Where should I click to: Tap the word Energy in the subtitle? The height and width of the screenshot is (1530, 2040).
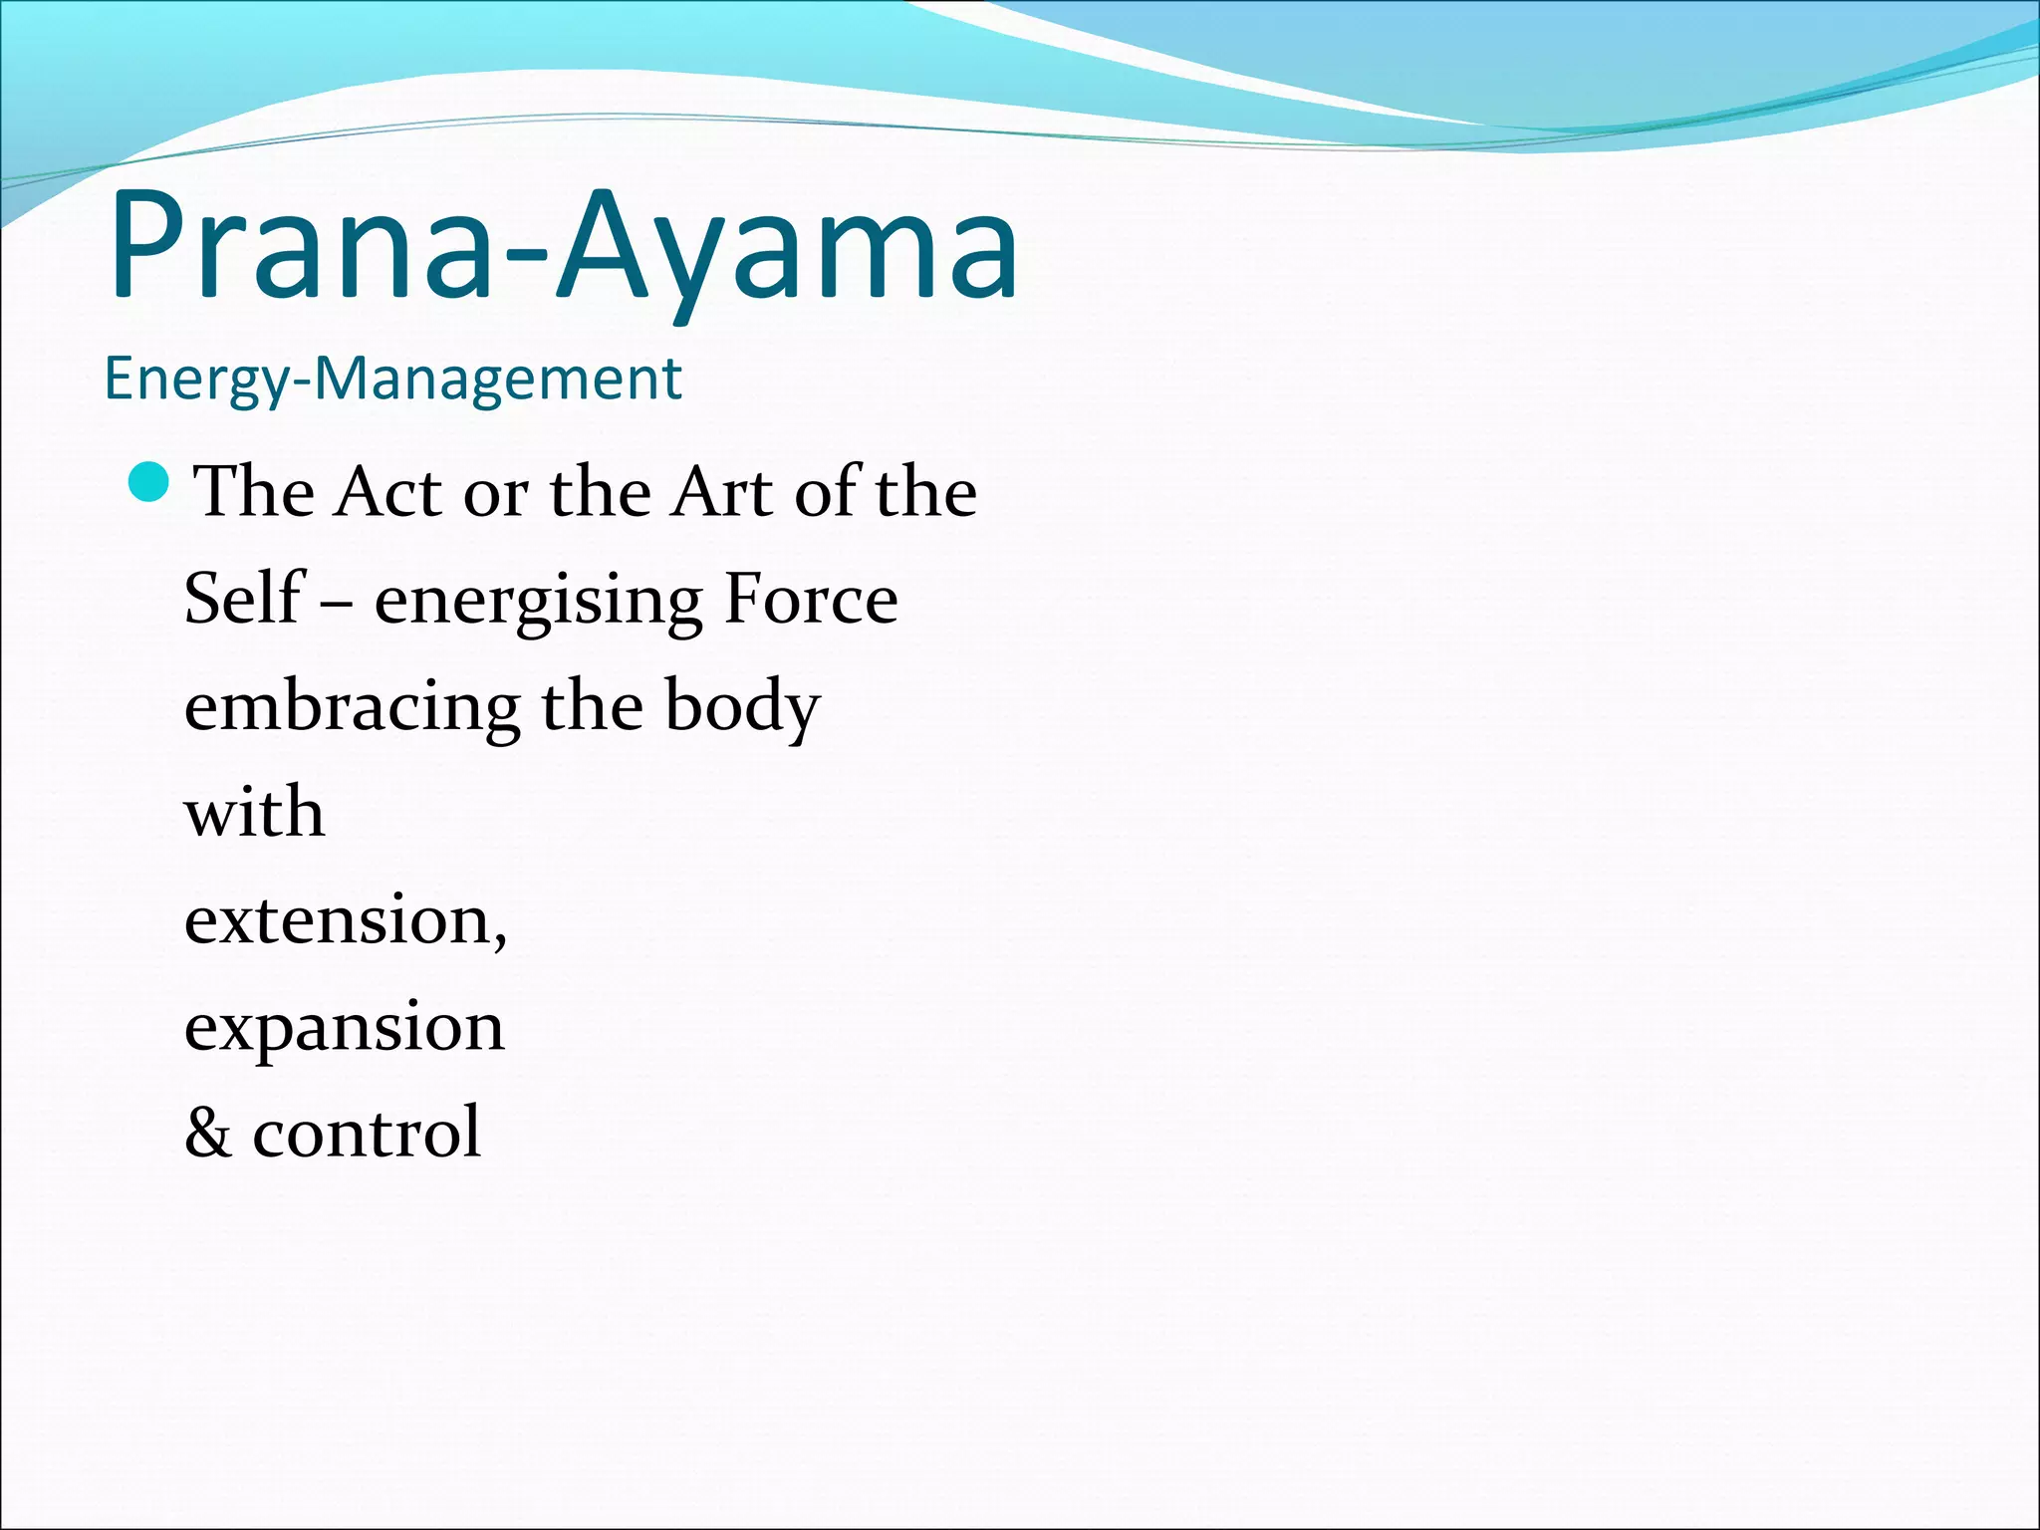[195, 381]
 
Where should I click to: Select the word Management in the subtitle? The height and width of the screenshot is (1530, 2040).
[498, 379]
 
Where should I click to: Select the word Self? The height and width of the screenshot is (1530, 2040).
[242, 599]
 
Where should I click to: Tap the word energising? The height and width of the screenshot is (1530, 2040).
[538, 603]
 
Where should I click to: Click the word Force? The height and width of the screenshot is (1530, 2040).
[811, 599]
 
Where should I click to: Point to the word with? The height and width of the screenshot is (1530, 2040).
[255, 812]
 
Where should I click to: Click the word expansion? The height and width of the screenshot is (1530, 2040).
[345, 1029]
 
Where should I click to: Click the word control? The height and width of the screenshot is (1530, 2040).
[367, 1134]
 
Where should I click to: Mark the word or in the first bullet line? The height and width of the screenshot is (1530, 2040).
[495, 495]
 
